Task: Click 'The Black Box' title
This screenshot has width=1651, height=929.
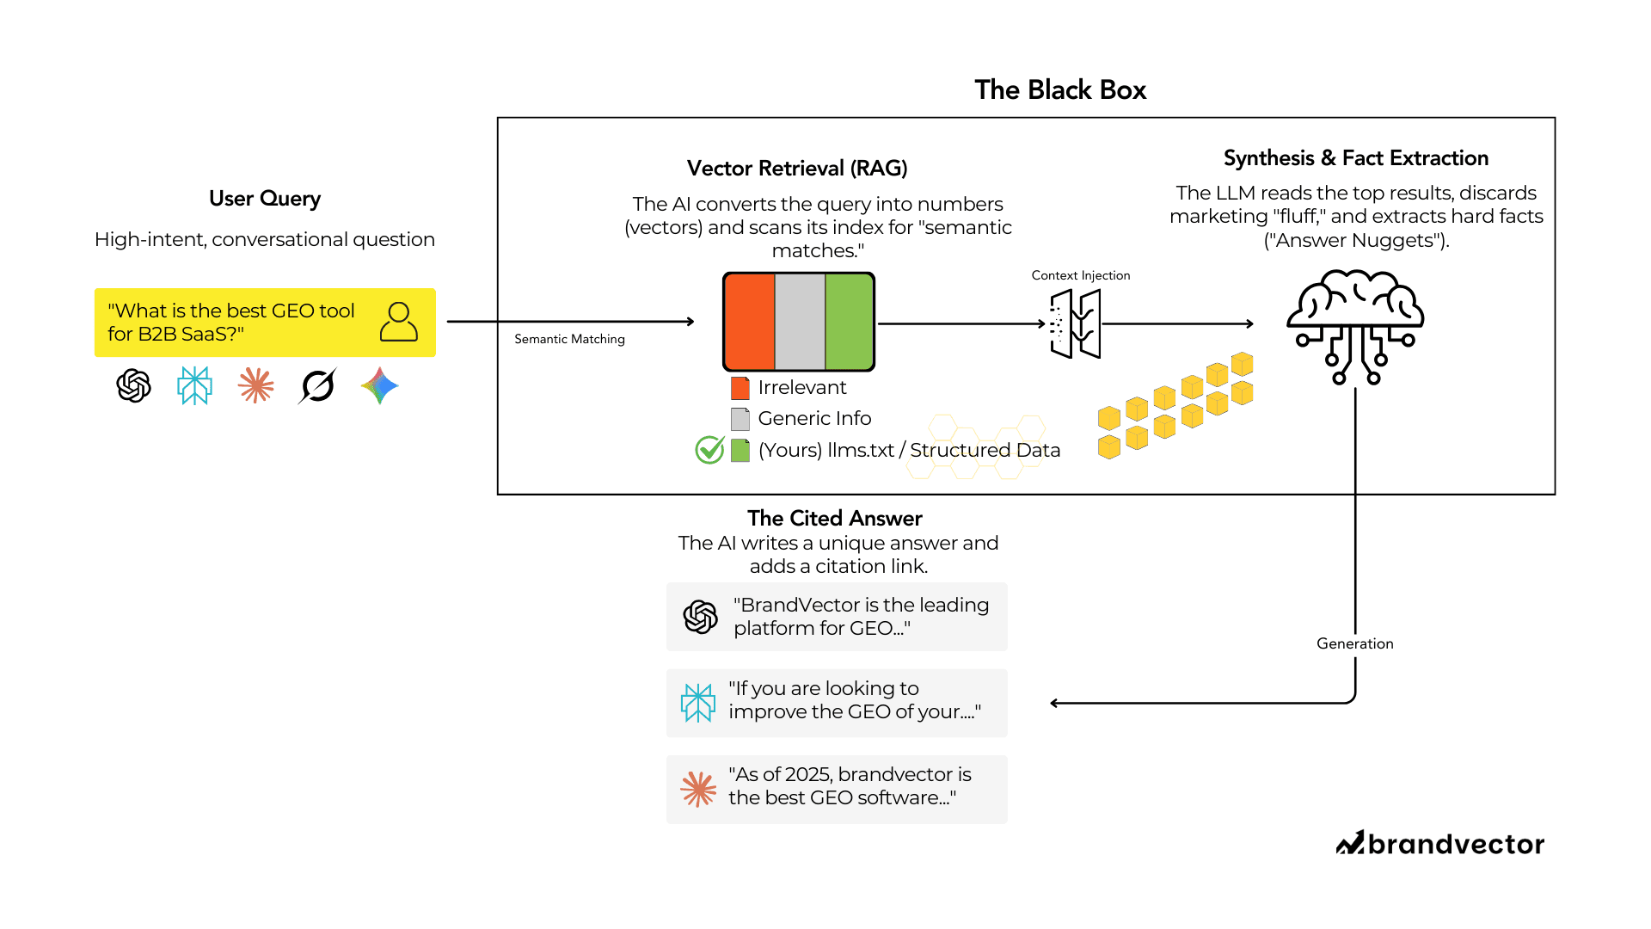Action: click(1059, 89)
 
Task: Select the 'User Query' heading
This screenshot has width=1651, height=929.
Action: click(264, 199)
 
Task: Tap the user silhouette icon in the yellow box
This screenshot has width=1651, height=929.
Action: click(398, 322)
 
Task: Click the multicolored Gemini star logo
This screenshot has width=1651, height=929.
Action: click(379, 385)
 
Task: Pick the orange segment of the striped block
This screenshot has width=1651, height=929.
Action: click(749, 322)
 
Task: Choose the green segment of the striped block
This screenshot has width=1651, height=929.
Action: click(849, 322)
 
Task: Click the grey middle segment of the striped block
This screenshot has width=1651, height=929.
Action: click(800, 322)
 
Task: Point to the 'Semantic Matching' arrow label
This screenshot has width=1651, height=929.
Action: click(569, 339)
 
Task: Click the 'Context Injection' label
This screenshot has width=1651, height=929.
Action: click(1080, 275)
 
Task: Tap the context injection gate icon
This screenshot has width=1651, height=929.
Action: click(1075, 323)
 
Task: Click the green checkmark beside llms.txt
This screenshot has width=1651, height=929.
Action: click(709, 449)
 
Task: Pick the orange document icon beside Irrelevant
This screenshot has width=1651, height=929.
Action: click(740, 388)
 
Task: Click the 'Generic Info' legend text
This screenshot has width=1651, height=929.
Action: click(813, 418)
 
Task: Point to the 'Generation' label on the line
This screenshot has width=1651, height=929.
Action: click(1354, 643)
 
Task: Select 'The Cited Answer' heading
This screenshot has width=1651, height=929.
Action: click(834, 518)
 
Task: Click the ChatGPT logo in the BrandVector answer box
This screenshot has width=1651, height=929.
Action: click(700, 617)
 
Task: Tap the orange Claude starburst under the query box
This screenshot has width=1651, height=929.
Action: click(255, 385)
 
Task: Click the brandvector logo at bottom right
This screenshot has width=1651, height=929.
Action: click(1439, 844)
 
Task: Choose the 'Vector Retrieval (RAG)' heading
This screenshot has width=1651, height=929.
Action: click(797, 168)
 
